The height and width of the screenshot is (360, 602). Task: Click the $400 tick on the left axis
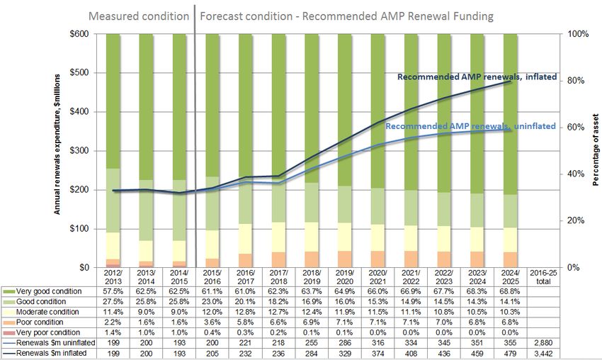[x=79, y=112]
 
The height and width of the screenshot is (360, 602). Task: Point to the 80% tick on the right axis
[x=577, y=81]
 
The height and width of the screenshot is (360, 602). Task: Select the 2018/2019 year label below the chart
[x=312, y=277]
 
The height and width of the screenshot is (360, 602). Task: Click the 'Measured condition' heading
[x=139, y=16]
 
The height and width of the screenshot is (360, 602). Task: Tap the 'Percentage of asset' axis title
[x=596, y=150]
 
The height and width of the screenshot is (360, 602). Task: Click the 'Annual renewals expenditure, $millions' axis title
[x=57, y=145]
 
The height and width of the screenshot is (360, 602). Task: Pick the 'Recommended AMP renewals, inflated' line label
[x=477, y=77]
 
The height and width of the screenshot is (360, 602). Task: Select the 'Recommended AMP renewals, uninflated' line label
[x=470, y=126]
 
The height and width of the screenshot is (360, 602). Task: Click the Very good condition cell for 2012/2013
[x=113, y=291]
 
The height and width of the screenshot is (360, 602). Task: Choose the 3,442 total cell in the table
[x=543, y=354]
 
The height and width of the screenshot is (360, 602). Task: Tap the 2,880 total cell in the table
[x=543, y=343]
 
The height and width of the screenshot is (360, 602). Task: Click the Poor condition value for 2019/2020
[x=345, y=322]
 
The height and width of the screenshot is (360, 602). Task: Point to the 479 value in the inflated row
[x=510, y=354]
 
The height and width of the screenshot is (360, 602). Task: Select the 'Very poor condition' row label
[x=48, y=333]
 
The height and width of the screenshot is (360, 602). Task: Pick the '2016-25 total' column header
[x=543, y=277]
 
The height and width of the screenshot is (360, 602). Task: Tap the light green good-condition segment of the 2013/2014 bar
[x=147, y=210]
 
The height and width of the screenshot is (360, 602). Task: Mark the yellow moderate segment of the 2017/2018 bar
[x=279, y=237]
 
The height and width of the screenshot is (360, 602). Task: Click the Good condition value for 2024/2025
[x=510, y=302]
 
